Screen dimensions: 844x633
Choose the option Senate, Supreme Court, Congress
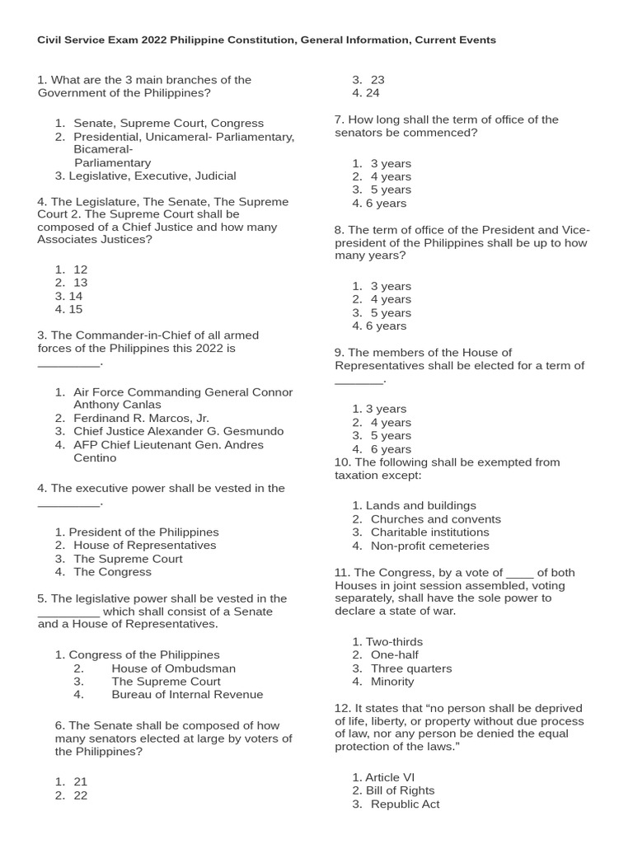coord(168,123)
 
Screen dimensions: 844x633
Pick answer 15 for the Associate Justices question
coord(75,309)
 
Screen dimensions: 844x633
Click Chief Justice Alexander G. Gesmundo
coord(178,431)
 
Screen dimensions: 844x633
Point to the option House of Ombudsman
coord(173,668)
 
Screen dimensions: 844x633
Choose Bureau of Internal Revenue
coord(187,695)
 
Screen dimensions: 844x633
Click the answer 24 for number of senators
coord(373,93)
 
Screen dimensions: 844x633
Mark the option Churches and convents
coord(435,519)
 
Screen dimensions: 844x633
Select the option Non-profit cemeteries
coord(429,546)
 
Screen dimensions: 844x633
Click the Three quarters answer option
coord(410,668)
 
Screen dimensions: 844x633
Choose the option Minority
coord(392,682)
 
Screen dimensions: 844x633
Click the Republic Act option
coord(405,804)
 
